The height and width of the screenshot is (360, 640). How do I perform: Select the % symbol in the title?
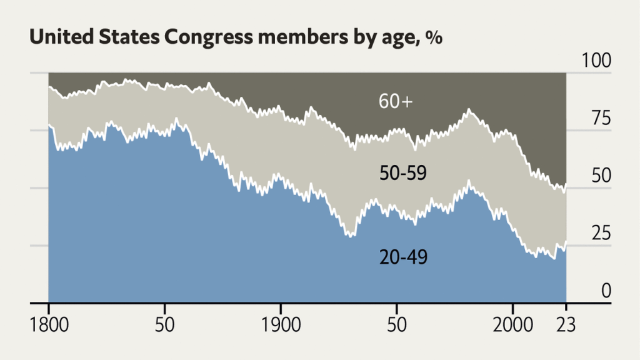(434, 37)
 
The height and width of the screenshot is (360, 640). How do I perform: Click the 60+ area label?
(396, 101)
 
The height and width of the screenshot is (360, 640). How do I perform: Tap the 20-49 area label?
(403, 256)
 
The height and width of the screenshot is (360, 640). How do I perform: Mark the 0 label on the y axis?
(605, 291)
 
